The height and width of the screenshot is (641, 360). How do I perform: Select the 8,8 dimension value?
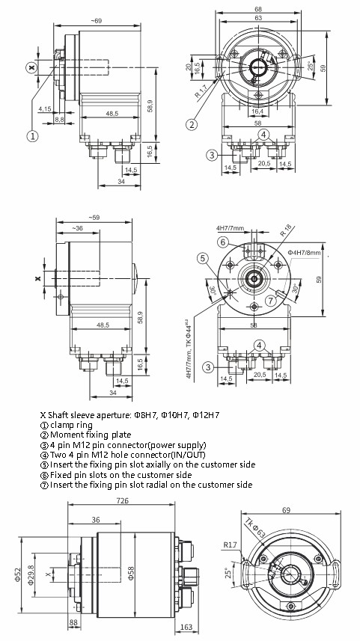60,117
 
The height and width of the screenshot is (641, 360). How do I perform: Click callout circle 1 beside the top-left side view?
32,135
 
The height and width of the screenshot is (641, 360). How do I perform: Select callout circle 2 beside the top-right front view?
192,123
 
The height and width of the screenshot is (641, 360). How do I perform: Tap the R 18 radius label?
287,230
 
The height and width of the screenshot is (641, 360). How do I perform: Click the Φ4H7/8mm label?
303,254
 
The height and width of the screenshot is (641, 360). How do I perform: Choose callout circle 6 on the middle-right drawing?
222,242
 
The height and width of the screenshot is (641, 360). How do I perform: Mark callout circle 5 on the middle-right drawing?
202,258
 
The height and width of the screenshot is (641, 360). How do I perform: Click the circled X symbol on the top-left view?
31,67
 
